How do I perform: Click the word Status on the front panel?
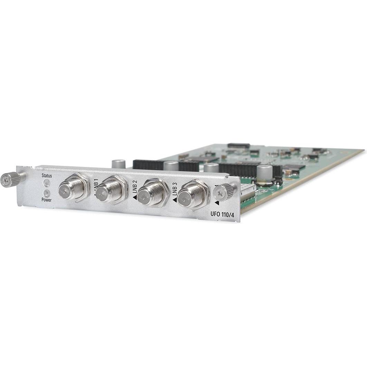point(47,176)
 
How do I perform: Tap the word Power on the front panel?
point(46,200)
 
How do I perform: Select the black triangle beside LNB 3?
point(175,200)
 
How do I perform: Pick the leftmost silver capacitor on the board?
point(119,163)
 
